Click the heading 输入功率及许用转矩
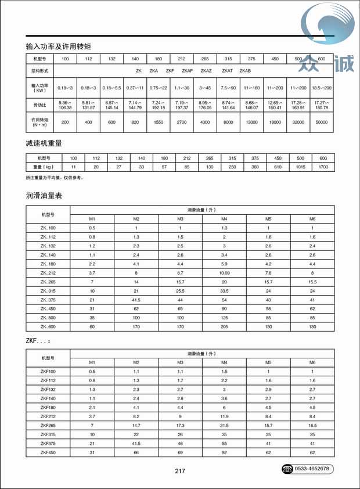[59, 45]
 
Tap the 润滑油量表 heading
[44, 196]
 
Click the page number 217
[179, 470]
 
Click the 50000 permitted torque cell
[321, 122]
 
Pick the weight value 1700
[323, 167]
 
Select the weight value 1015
[300, 167]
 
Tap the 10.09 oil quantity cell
[224, 272]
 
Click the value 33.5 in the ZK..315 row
[224, 290]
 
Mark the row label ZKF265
[48, 425]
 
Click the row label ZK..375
[48, 300]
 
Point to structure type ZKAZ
[206, 70]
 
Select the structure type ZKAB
[245, 70]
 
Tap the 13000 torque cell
[252, 122]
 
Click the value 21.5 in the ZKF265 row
[224, 425]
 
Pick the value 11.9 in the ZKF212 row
[224, 416]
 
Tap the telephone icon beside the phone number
[287, 468]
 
